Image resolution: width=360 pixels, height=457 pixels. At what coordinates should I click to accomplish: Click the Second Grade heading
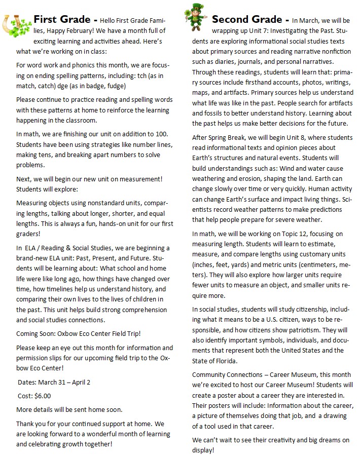point(246,20)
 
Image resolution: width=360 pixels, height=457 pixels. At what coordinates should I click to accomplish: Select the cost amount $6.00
point(42,396)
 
